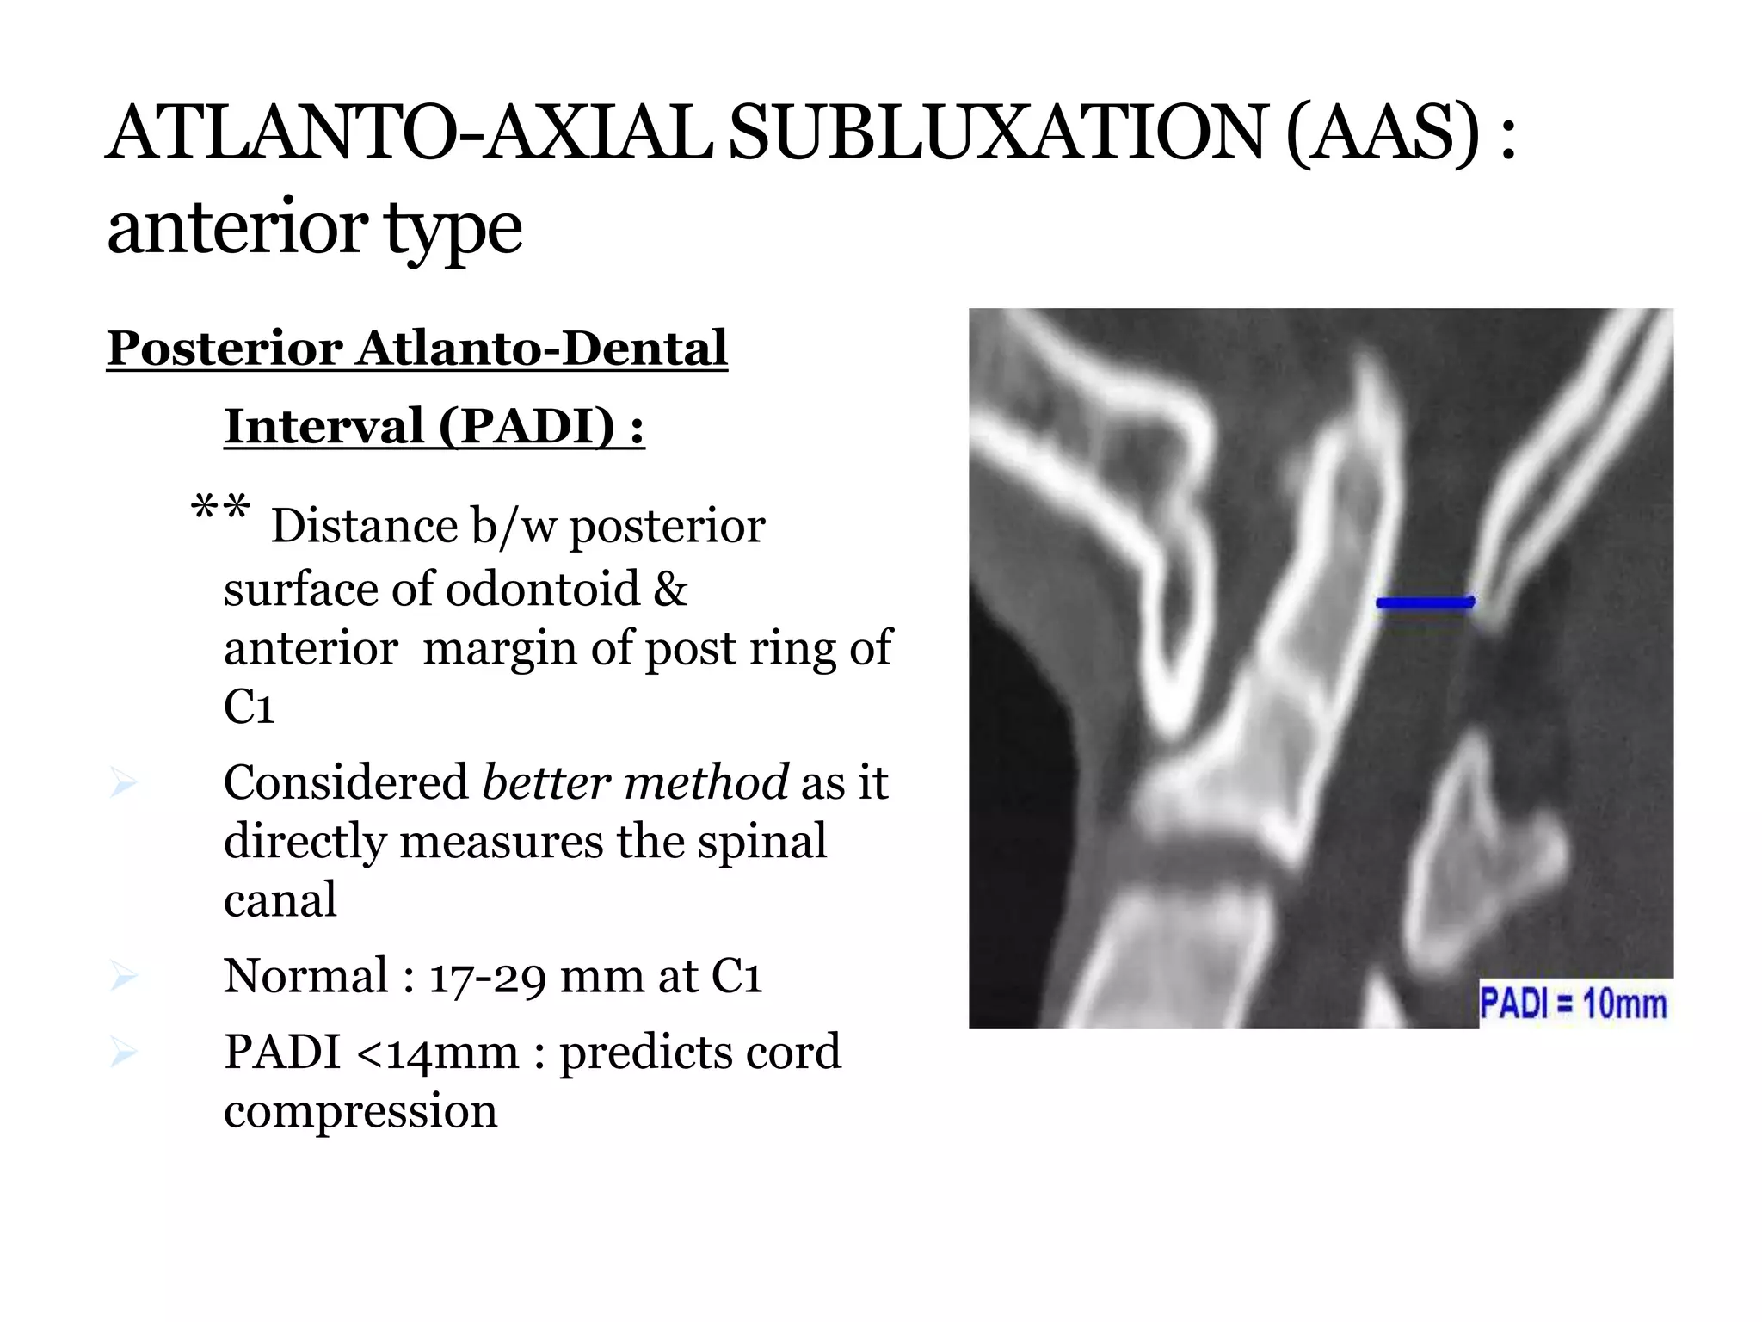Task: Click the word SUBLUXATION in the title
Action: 997,133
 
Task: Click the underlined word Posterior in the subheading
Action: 225,348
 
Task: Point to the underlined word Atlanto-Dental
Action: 542,348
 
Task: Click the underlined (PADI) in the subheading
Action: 527,425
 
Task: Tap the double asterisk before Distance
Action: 220,509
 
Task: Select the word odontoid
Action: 543,590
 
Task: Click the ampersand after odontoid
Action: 670,590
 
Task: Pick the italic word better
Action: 545,782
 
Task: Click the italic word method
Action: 705,782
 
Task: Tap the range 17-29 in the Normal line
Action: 487,977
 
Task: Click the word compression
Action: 360,1111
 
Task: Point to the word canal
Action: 280,900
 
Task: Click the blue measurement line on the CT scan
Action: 1425,602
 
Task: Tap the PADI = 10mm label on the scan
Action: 1573,1004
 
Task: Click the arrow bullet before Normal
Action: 124,977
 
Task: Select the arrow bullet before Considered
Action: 124,783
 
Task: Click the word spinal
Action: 761,842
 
